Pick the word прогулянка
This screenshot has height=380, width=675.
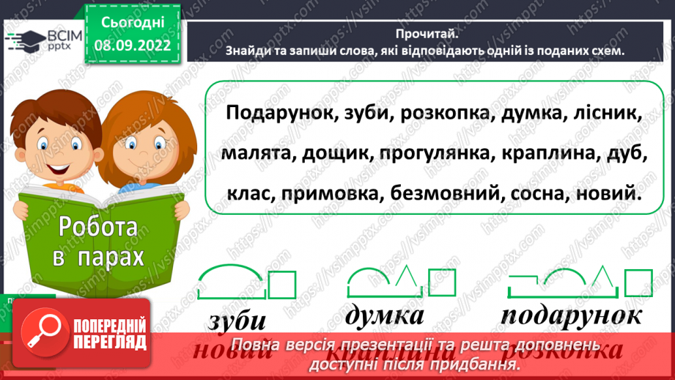[426, 155]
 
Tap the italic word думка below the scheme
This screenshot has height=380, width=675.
[385, 315]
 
